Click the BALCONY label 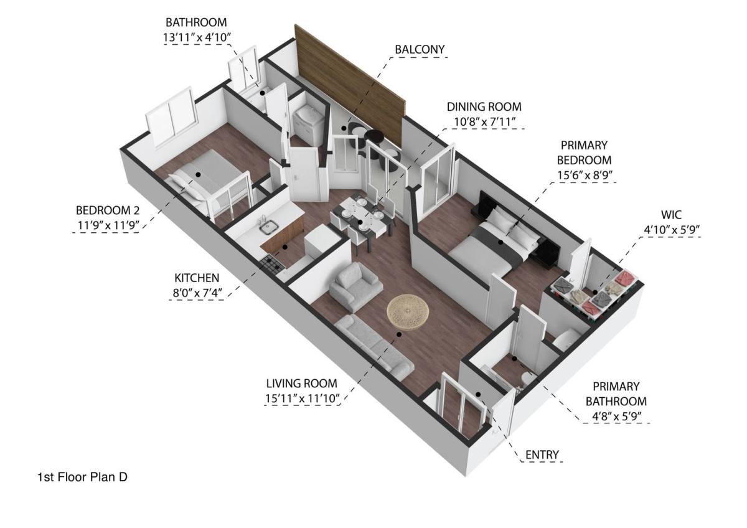pyautogui.click(x=420, y=49)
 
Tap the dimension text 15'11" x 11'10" pyautogui.click(x=302, y=398)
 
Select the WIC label pyautogui.click(x=671, y=215)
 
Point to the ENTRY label pyautogui.click(x=542, y=455)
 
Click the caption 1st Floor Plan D pyautogui.click(x=82, y=478)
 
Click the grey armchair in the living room pyautogui.click(x=355, y=286)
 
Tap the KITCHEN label pyautogui.click(x=197, y=278)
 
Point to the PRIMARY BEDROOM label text pyautogui.click(x=584, y=153)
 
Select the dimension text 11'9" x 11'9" pyautogui.click(x=108, y=225)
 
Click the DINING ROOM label pyautogui.click(x=484, y=106)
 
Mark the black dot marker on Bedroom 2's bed pyautogui.click(x=198, y=174)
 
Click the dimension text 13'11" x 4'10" pyautogui.click(x=197, y=37)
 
